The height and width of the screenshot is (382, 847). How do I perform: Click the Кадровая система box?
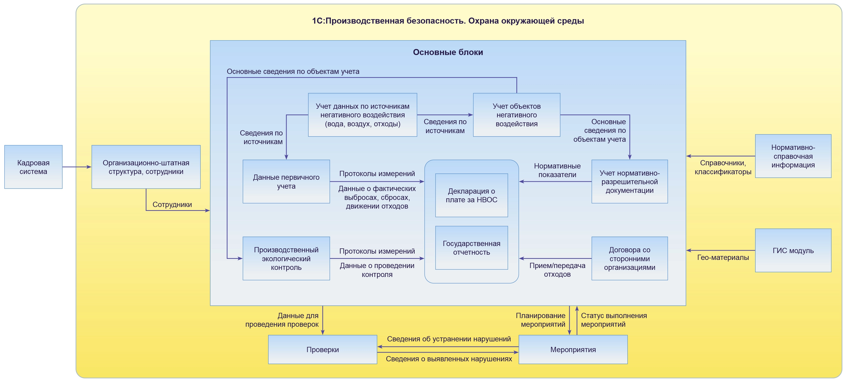pos(33,167)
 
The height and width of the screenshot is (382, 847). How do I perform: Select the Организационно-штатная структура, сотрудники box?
pos(146,167)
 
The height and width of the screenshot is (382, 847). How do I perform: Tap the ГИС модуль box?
pos(793,250)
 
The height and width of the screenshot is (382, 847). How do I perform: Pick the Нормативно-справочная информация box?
pos(793,156)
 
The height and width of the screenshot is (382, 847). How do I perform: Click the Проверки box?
pos(322,350)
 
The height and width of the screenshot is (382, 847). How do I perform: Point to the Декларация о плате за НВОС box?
pos(471,195)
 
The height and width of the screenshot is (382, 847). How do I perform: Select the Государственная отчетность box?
pos(471,248)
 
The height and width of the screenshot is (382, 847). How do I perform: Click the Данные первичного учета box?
pos(286,182)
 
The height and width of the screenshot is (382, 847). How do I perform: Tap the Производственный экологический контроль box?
pos(286,258)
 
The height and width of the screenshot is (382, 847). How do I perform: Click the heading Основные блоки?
pos(448,52)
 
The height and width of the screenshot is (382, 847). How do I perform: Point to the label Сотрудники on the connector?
pos(172,204)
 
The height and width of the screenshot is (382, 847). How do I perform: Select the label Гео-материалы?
pos(723,257)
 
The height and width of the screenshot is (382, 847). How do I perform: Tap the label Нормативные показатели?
pos(557,171)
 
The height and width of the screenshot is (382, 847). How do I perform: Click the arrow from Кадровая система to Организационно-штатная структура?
pos(77,167)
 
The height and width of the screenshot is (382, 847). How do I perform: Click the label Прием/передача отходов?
pos(557,270)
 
